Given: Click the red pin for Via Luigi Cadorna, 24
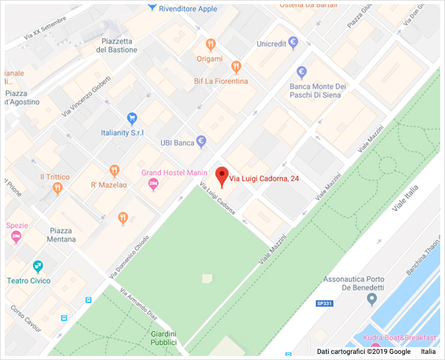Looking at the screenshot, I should pyautogui.click(x=222, y=176).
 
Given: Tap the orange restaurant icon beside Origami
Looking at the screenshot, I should pyautogui.click(x=211, y=46).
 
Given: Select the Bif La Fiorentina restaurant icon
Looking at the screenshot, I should pyautogui.click(x=236, y=67).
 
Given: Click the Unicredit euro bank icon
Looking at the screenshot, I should pyautogui.click(x=293, y=43).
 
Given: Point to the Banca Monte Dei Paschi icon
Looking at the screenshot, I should pyautogui.click(x=302, y=72).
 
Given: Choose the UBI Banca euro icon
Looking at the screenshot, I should pyautogui.click(x=201, y=142).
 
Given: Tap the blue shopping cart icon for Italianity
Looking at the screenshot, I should pyautogui.click(x=132, y=118).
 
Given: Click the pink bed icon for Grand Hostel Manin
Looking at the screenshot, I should pyautogui.click(x=153, y=184).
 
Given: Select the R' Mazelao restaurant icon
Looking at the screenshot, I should pyautogui.click(x=114, y=170).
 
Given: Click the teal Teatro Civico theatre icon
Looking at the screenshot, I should pyautogui.click(x=39, y=266).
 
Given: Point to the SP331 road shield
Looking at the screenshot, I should pyautogui.click(x=325, y=304).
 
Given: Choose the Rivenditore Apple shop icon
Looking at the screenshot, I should pyautogui.click(x=152, y=8).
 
